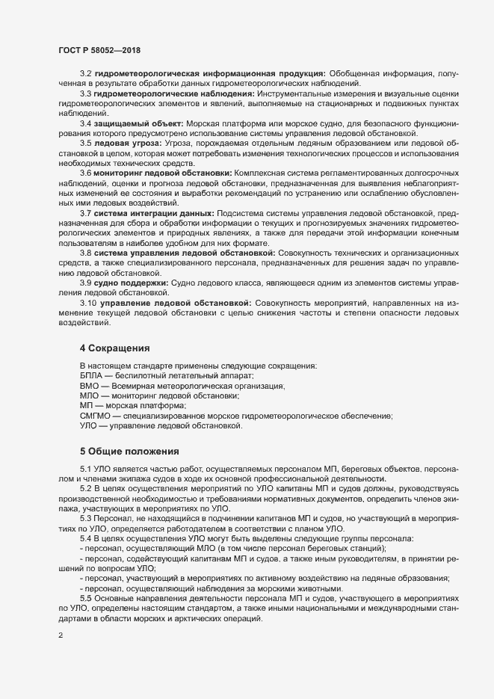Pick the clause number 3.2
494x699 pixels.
coord(85,73)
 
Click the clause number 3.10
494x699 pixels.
coord(88,303)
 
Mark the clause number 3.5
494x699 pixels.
coord(85,143)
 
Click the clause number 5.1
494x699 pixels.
coord(85,468)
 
